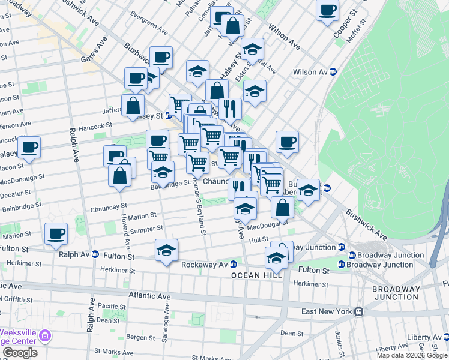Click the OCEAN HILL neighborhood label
[253, 275]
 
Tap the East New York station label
[325, 311]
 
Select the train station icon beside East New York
[359, 311]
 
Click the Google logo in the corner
[20, 353]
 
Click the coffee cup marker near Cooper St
[328, 10]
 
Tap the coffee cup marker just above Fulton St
[57, 233]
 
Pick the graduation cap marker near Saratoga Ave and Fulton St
[167, 250]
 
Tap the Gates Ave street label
[94, 50]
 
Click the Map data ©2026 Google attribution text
[412, 355]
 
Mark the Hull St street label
[259, 239]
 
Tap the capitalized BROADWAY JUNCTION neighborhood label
[396, 293]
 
